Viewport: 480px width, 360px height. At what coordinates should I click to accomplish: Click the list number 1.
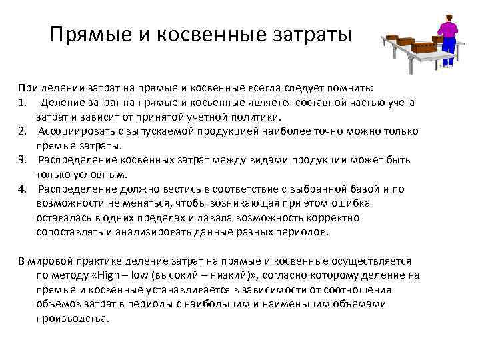click(23, 102)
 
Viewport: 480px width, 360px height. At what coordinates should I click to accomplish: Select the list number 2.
click(23, 131)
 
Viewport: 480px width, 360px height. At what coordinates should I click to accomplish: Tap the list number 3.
click(23, 161)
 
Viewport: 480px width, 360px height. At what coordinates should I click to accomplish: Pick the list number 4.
click(23, 189)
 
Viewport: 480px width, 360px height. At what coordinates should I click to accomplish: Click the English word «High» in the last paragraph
click(134, 275)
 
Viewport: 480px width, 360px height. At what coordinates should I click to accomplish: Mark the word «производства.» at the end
click(73, 319)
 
